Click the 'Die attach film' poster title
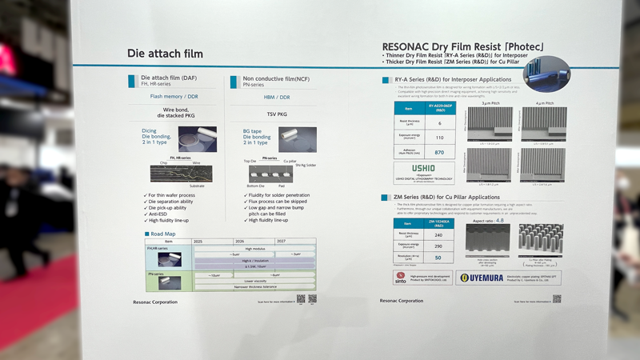pos(165,54)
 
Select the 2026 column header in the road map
pos(239,241)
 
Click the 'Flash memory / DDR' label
pos(174,96)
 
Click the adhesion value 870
pos(439,152)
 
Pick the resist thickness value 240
pos(439,235)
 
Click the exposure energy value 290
pos(439,247)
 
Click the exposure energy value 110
pos(439,138)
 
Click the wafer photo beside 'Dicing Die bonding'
pos(197,138)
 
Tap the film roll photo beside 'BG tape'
pos(296,136)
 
